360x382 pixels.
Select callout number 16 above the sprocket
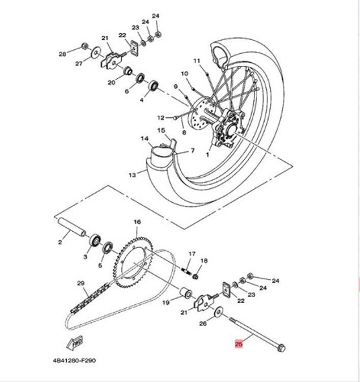[137, 221]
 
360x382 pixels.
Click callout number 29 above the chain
[81, 284]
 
